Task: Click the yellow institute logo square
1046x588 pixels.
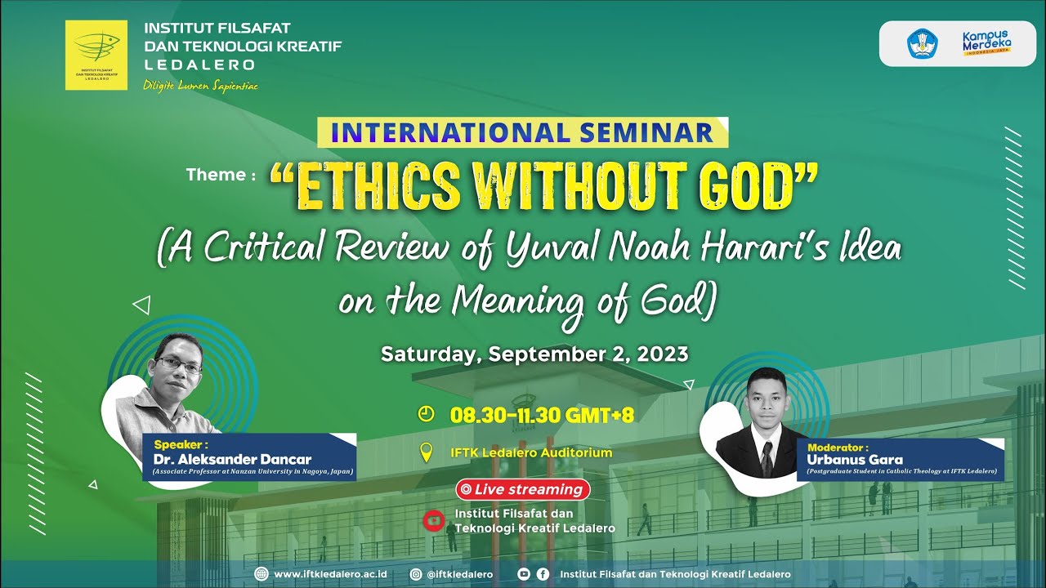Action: pos(96,55)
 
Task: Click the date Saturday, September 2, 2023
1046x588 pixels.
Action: pos(534,354)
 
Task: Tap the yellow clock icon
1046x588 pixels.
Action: pos(426,414)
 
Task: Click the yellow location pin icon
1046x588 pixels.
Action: pos(426,452)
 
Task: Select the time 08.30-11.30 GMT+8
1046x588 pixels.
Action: pos(542,415)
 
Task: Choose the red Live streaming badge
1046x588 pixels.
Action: pos(523,490)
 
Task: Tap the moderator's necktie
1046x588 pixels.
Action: pos(767,460)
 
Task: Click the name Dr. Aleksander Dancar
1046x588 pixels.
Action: pos(232,459)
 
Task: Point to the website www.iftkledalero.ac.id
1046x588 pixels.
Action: pos(331,574)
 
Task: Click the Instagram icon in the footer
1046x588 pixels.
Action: pos(416,574)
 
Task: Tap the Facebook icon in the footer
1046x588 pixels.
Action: pos(543,574)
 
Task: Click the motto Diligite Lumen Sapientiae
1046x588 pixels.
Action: pos(200,86)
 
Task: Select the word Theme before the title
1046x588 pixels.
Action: pos(216,175)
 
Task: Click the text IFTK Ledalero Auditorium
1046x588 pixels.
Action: pos(531,452)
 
